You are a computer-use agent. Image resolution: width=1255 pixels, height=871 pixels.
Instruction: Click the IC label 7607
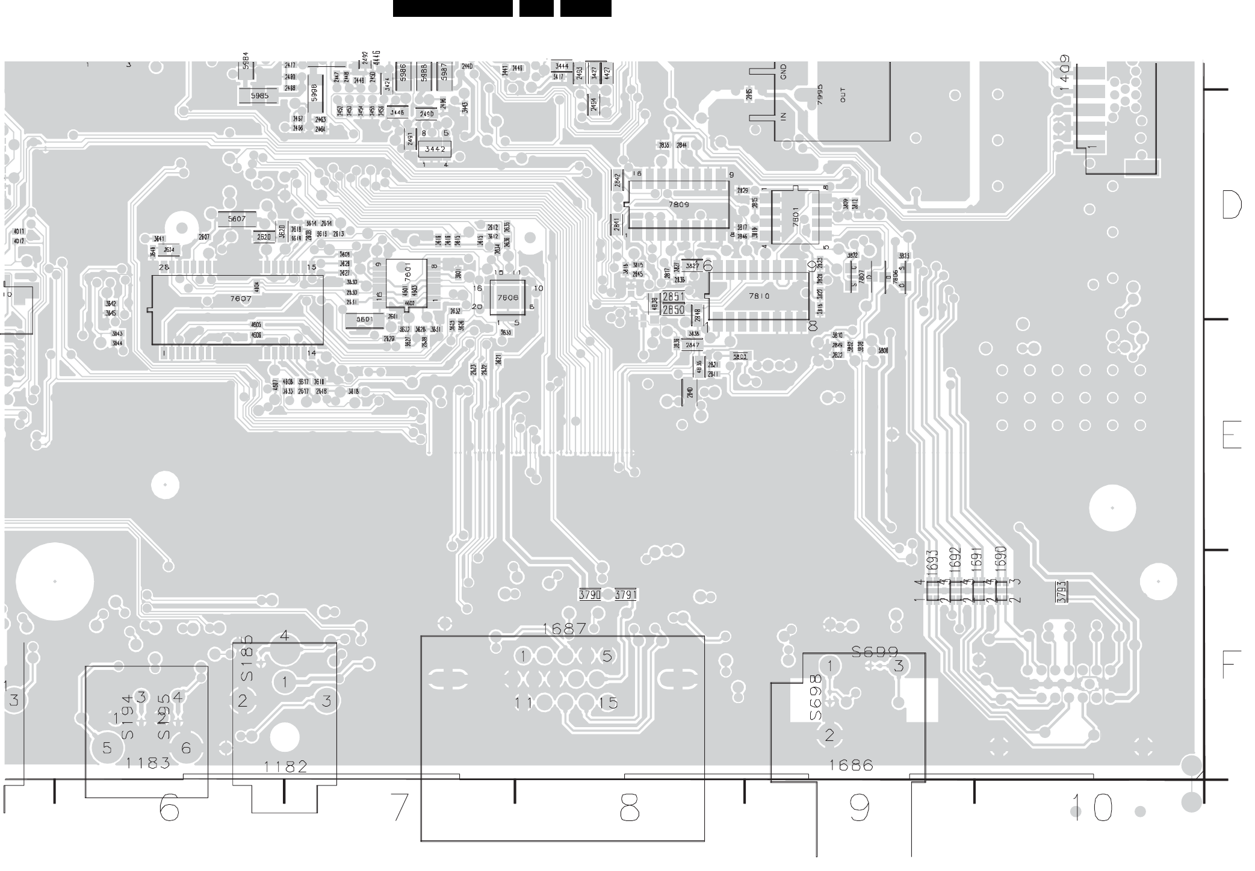[241, 299]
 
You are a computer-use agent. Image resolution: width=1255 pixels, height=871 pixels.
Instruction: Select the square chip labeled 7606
[507, 297]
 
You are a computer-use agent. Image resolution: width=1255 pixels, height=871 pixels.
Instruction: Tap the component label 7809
[678, 205]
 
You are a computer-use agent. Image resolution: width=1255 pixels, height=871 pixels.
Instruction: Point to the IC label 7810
[758, 296]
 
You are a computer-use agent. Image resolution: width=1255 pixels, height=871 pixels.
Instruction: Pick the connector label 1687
[563, 629]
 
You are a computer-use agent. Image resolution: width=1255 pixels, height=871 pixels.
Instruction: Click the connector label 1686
[851, 765]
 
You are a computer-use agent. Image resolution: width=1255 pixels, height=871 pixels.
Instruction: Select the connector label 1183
[148, 763]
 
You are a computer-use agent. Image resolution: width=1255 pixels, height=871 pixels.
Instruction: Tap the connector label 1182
[285, 767]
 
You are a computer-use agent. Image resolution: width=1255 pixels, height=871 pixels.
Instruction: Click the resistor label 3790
[590, 595]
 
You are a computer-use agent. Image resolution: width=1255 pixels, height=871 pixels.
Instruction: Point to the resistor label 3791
[626, 595]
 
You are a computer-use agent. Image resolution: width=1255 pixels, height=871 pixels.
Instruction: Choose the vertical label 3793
[1062, 591]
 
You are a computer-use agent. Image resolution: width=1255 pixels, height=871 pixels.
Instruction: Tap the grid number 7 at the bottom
[399, 807]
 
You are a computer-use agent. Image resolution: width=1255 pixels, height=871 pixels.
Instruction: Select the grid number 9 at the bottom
[859, 807]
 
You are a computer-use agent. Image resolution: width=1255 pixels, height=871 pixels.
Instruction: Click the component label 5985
[259, 96]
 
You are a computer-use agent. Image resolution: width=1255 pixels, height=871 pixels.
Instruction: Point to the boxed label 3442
[435, 149]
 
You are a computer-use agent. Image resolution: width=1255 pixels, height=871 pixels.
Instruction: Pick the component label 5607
[237, 219]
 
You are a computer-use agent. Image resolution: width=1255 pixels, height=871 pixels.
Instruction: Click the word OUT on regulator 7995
[843, 95]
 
